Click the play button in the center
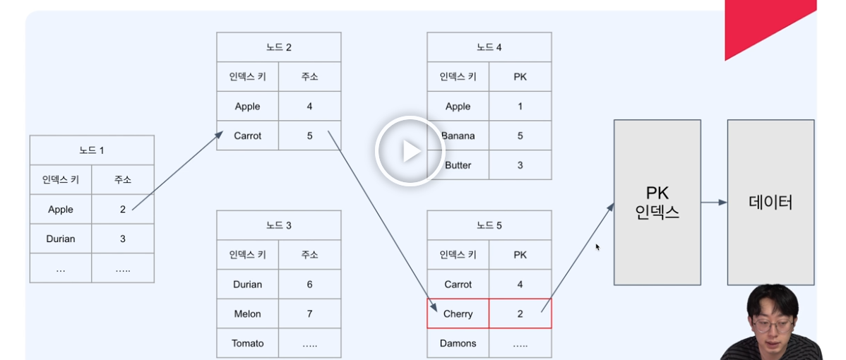(x=409, y=151)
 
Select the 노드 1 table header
(x=92, y=150)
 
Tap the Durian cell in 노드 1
(x=61, y=239)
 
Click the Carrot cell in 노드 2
(x=248, y=136)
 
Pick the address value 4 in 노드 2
(x=309, y=107)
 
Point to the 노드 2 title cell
(x=279, y=47)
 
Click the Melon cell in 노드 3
(x=248, y=314)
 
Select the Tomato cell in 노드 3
(x=248, y=343)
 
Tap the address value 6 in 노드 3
(x=309, y=284)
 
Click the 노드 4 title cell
(x=489, y=47)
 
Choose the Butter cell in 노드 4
(x=458, y=165)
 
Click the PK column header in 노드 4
(x=520, y=77)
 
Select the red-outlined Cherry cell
(x=458, y=313)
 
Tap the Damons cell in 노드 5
(x=458, y=343)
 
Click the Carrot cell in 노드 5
(x=458, y=284)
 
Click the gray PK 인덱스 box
(x=657, y=203)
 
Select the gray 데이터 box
(x=770, y=203)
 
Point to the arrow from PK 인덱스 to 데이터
(x=714, y=203)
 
